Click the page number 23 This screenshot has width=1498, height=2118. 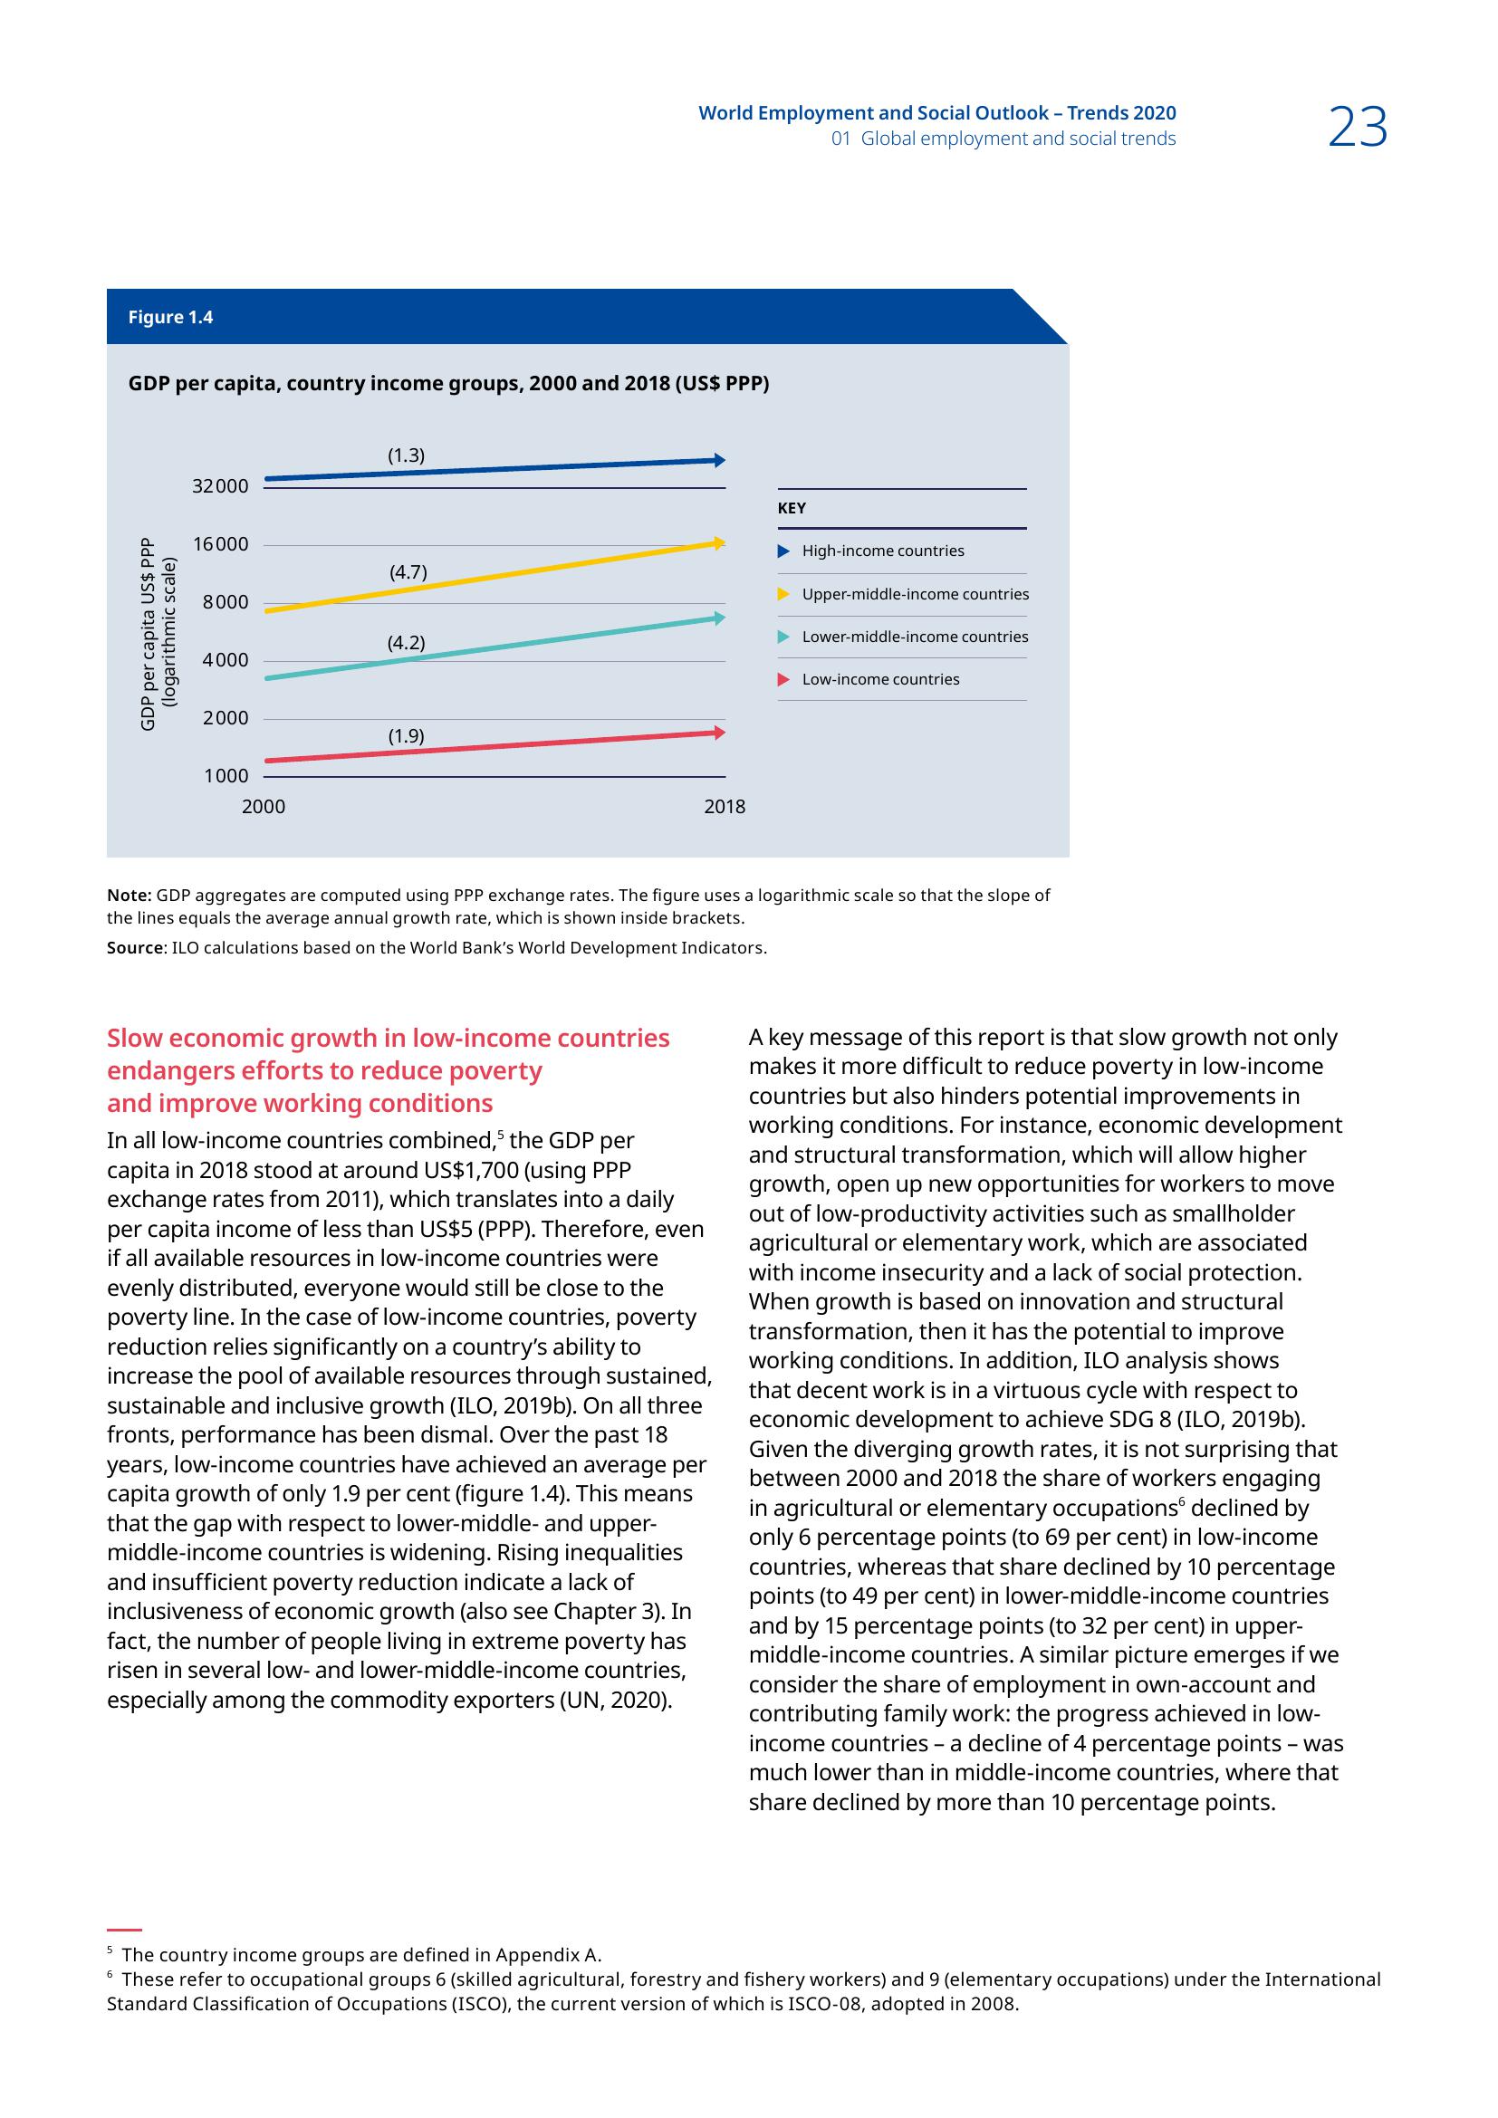[1357, 128]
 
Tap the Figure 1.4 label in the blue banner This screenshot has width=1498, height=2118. [170, 317]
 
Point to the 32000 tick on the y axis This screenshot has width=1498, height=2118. [220, 486]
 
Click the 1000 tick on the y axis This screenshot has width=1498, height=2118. [226, 777]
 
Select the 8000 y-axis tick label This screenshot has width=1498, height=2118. [226, 602]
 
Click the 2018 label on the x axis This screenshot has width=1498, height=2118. [725, 807]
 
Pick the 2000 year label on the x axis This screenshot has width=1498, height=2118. [264, 807]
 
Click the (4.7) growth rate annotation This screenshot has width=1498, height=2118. [408, 572]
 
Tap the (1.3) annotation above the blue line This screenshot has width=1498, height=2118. [406, 455]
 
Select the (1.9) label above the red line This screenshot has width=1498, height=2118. [406, 736]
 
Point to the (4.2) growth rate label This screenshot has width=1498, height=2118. [406, 643]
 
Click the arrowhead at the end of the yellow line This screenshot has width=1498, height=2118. [719, 543]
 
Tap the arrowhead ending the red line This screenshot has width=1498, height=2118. [719, 733]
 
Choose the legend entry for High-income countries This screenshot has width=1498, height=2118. [883, 551]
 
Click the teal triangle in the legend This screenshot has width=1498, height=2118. [784, 637]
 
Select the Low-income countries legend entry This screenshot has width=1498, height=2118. [880, 680]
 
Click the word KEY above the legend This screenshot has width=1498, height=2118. [792, 508]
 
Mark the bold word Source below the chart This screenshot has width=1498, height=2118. [134, 948]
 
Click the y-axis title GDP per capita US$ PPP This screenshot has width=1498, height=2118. [148, 634]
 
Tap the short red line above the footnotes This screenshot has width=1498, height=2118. [123, 1930]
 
